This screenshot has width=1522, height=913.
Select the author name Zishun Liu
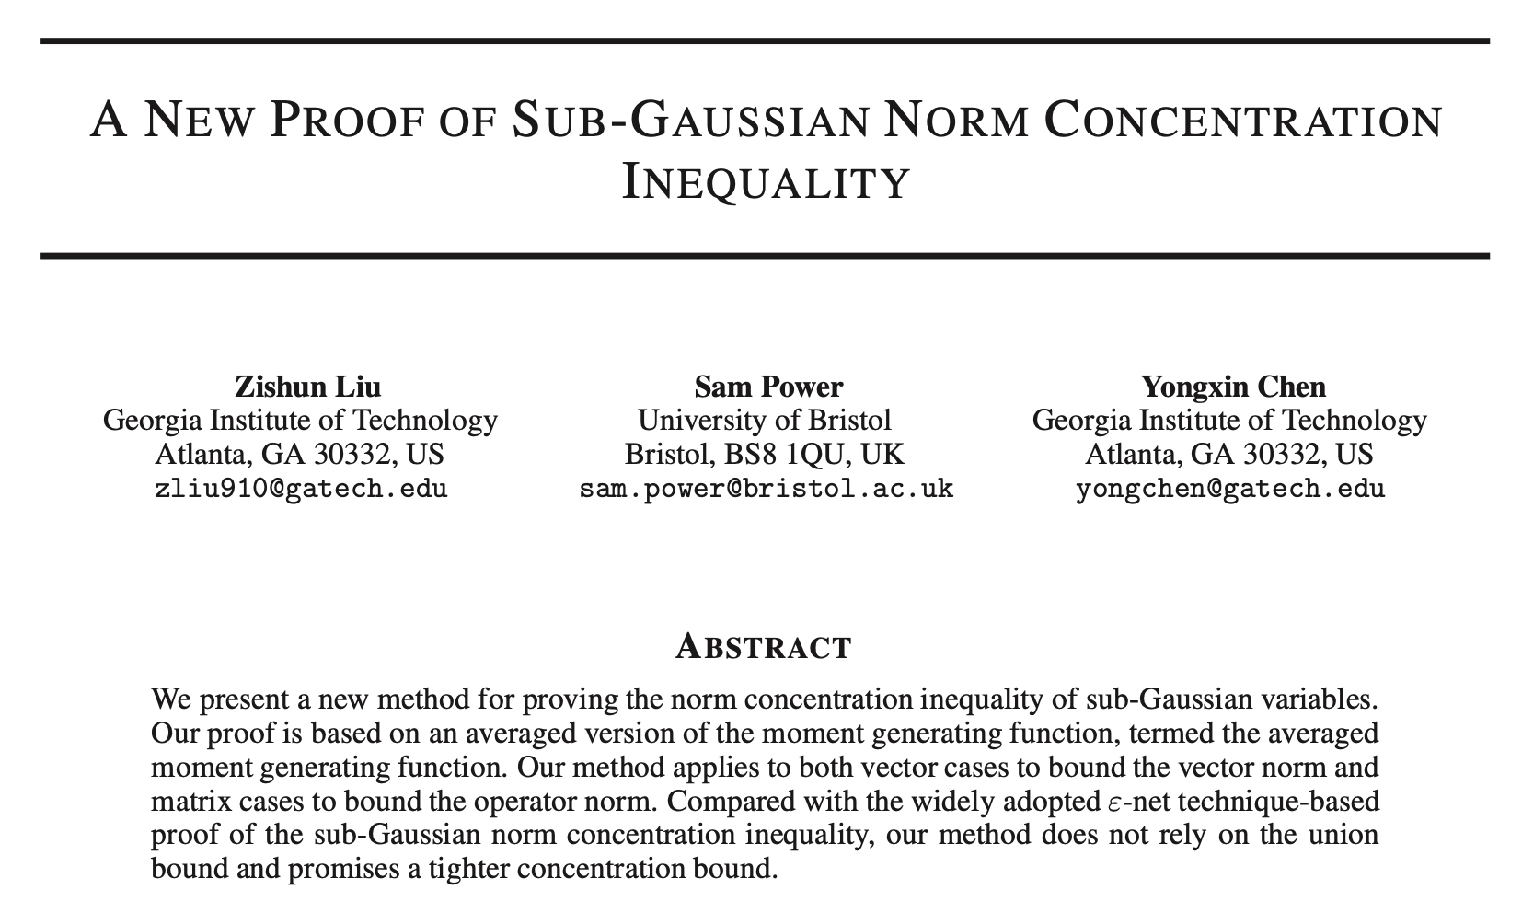[x=307, y=387]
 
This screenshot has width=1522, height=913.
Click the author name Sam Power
[x=767, y=387]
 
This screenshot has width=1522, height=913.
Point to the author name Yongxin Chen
[x=1233, y=387]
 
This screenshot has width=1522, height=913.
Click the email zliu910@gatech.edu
[x=300, y=488]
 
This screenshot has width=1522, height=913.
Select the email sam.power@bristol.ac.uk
[x=766, y=488]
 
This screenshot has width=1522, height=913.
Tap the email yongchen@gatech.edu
[x=1229, y=488]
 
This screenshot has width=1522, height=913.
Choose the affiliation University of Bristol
[x=765, y=421]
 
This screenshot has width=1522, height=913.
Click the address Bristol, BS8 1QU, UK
[x=764, y=454]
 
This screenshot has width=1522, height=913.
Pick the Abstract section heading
[x=763, y=647]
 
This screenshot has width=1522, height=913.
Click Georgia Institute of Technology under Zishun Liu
[x=300, y=421]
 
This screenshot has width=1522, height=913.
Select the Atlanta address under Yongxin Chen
[x=1229, y=454]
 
